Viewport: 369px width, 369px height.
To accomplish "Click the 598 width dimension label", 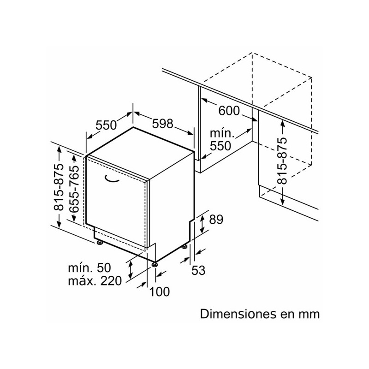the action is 163,124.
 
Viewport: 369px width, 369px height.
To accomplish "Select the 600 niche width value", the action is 229,111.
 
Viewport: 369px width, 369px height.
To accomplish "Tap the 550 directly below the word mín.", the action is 220,146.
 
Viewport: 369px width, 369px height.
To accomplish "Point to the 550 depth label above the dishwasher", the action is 106,125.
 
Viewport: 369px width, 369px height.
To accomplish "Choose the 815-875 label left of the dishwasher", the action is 59,187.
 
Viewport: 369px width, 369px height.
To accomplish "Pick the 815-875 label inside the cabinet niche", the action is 282,161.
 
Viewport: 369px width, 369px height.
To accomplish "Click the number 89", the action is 216,220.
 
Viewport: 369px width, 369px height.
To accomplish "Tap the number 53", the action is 198,270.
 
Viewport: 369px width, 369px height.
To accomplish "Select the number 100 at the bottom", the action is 159,292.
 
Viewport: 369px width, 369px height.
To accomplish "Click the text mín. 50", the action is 89,268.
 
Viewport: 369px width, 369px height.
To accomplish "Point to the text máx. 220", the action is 95,281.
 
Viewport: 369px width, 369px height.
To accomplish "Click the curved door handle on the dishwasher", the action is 112,179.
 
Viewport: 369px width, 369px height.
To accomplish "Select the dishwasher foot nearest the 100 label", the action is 155,264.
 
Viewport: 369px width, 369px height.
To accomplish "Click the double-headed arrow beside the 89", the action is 202,225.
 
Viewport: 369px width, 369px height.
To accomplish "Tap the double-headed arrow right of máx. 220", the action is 130,270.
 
